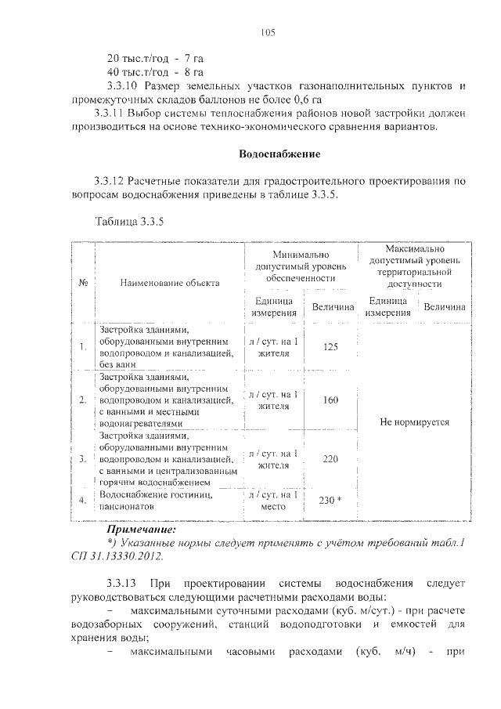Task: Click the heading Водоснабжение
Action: pos(279,153)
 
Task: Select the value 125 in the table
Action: pos(330,347)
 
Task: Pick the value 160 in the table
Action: pos(330,400)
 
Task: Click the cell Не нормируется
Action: pos(414,421)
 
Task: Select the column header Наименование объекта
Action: pos(170,283)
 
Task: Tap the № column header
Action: pos(82,283)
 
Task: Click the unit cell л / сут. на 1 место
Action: pos(273,501)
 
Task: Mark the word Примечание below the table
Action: pos(142,530)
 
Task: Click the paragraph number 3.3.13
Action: pos(121,584)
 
